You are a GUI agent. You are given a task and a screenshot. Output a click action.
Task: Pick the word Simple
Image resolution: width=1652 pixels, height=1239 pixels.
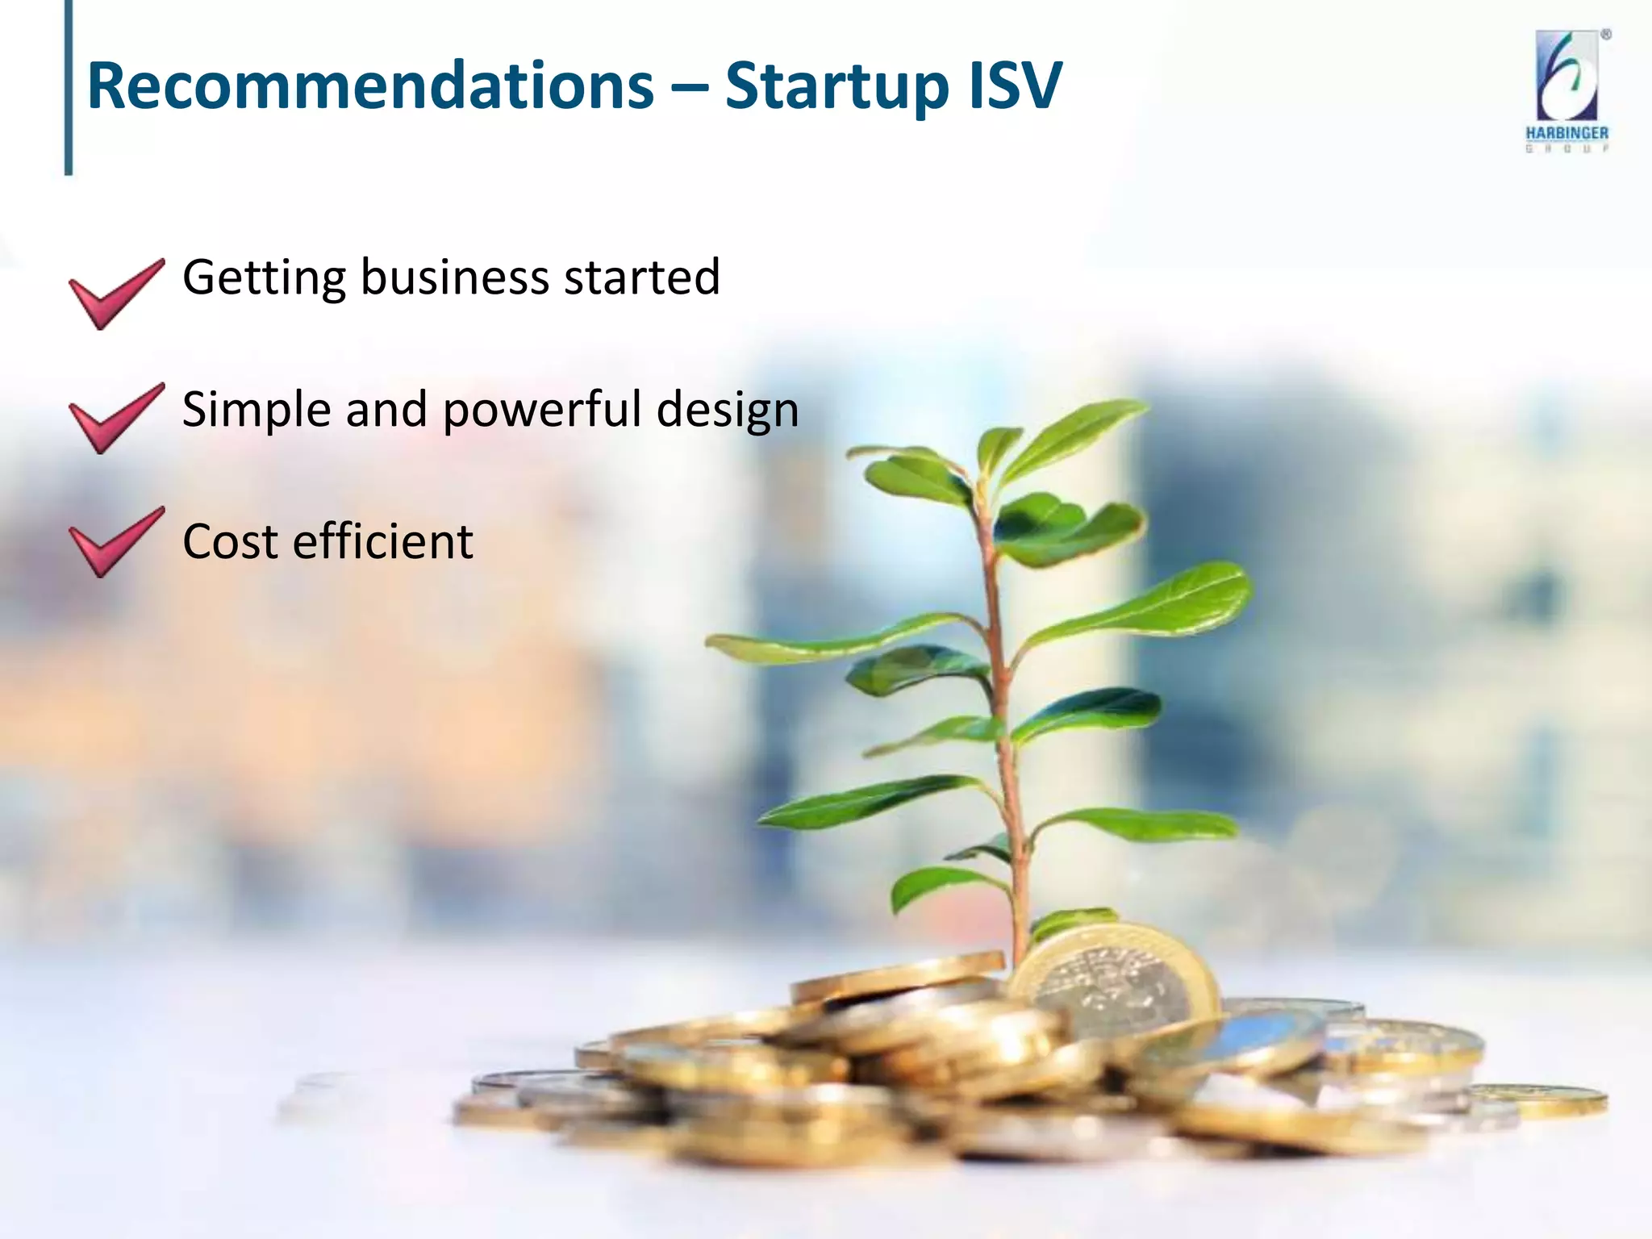tap(257, 411)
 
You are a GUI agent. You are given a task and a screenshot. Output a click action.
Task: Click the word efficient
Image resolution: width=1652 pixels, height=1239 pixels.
tap(382, 541)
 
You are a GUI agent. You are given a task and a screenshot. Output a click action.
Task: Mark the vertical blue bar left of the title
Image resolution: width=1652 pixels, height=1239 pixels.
tap(69, 87)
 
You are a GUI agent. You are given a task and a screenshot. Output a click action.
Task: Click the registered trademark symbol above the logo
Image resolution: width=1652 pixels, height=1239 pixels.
tap(1606, 35)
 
